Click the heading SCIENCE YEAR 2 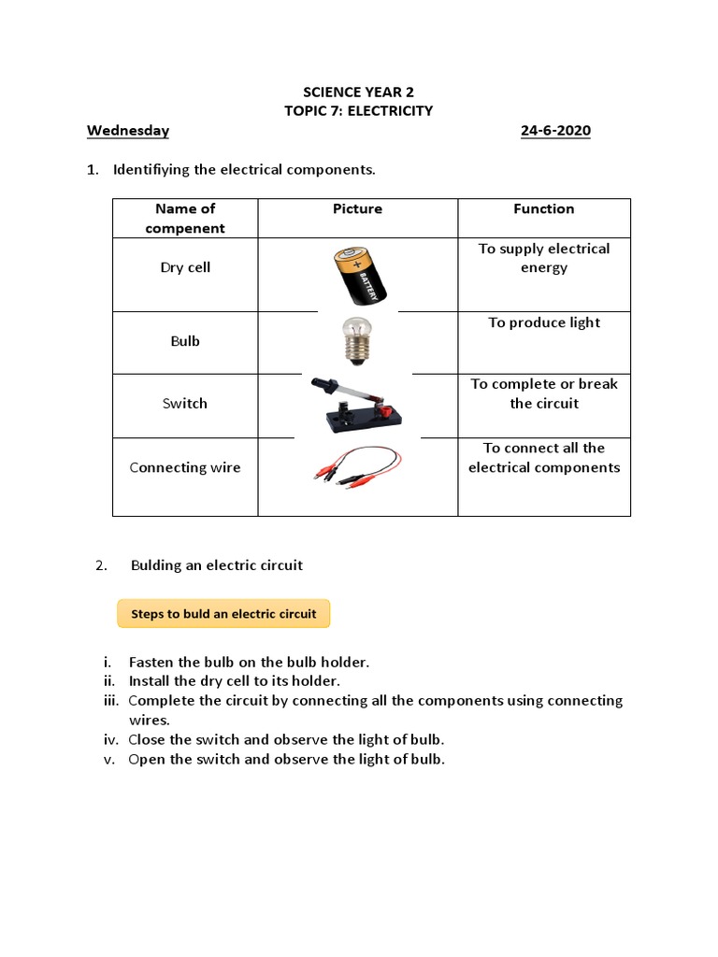click(358, 92)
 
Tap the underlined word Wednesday click(128, 130)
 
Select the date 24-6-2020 click(555, 130)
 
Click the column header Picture click(357, 209)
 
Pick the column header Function click(543, 209)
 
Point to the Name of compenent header click(185, 219)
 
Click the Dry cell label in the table click(185, 267)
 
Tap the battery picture click(357, 275)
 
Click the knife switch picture click(357, 405)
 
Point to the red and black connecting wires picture click(357, 465)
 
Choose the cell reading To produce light click(544, 322)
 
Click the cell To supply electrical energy click(544, 258)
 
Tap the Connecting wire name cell click(185, 467)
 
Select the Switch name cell click(185, 404)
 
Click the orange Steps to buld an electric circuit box click(223, 614)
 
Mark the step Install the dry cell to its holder click(235, 681)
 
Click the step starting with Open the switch click(286, 759)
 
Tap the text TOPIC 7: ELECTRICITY click(358, 111)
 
